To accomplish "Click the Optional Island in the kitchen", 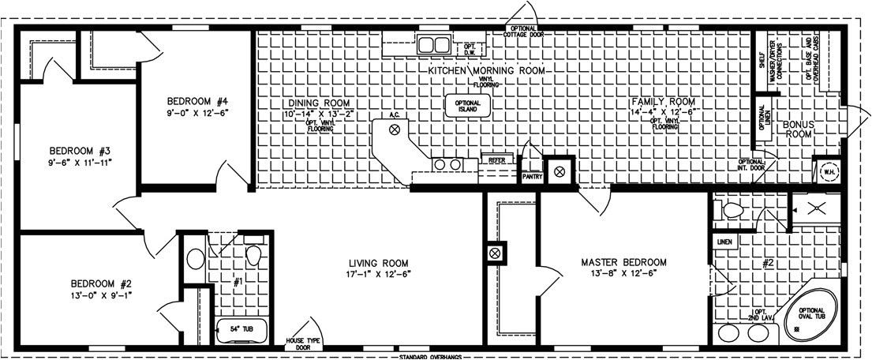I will [469, 106].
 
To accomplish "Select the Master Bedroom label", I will [623, 262].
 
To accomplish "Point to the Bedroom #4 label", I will [197, 101].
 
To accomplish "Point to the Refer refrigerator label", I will [496, 160].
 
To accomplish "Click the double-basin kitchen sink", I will [432, 43].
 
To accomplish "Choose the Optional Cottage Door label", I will [523, 32].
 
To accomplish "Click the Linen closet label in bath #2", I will [724, 241].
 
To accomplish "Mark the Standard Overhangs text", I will [430, 356].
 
